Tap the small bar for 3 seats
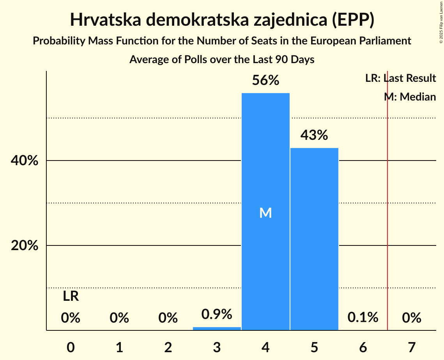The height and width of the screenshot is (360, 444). [x=217, y=328]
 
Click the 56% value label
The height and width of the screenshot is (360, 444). [x=265, y=81]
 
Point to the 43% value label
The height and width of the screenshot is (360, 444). [x=314, y=136]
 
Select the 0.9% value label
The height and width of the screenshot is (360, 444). [x=217, y=314]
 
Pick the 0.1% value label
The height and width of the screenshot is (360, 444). [x=363, y=318]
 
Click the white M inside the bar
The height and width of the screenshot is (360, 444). [x=265, y=213]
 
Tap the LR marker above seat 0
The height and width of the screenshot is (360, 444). [x=71, y=296]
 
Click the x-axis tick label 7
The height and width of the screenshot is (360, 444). [x=412, y=347]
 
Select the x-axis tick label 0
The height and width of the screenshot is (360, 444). [x=71, y=347]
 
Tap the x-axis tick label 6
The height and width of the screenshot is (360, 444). [x=363, y=347]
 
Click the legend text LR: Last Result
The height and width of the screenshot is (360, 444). [x=400, y=78]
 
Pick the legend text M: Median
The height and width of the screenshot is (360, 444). [x=410, y=97]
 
